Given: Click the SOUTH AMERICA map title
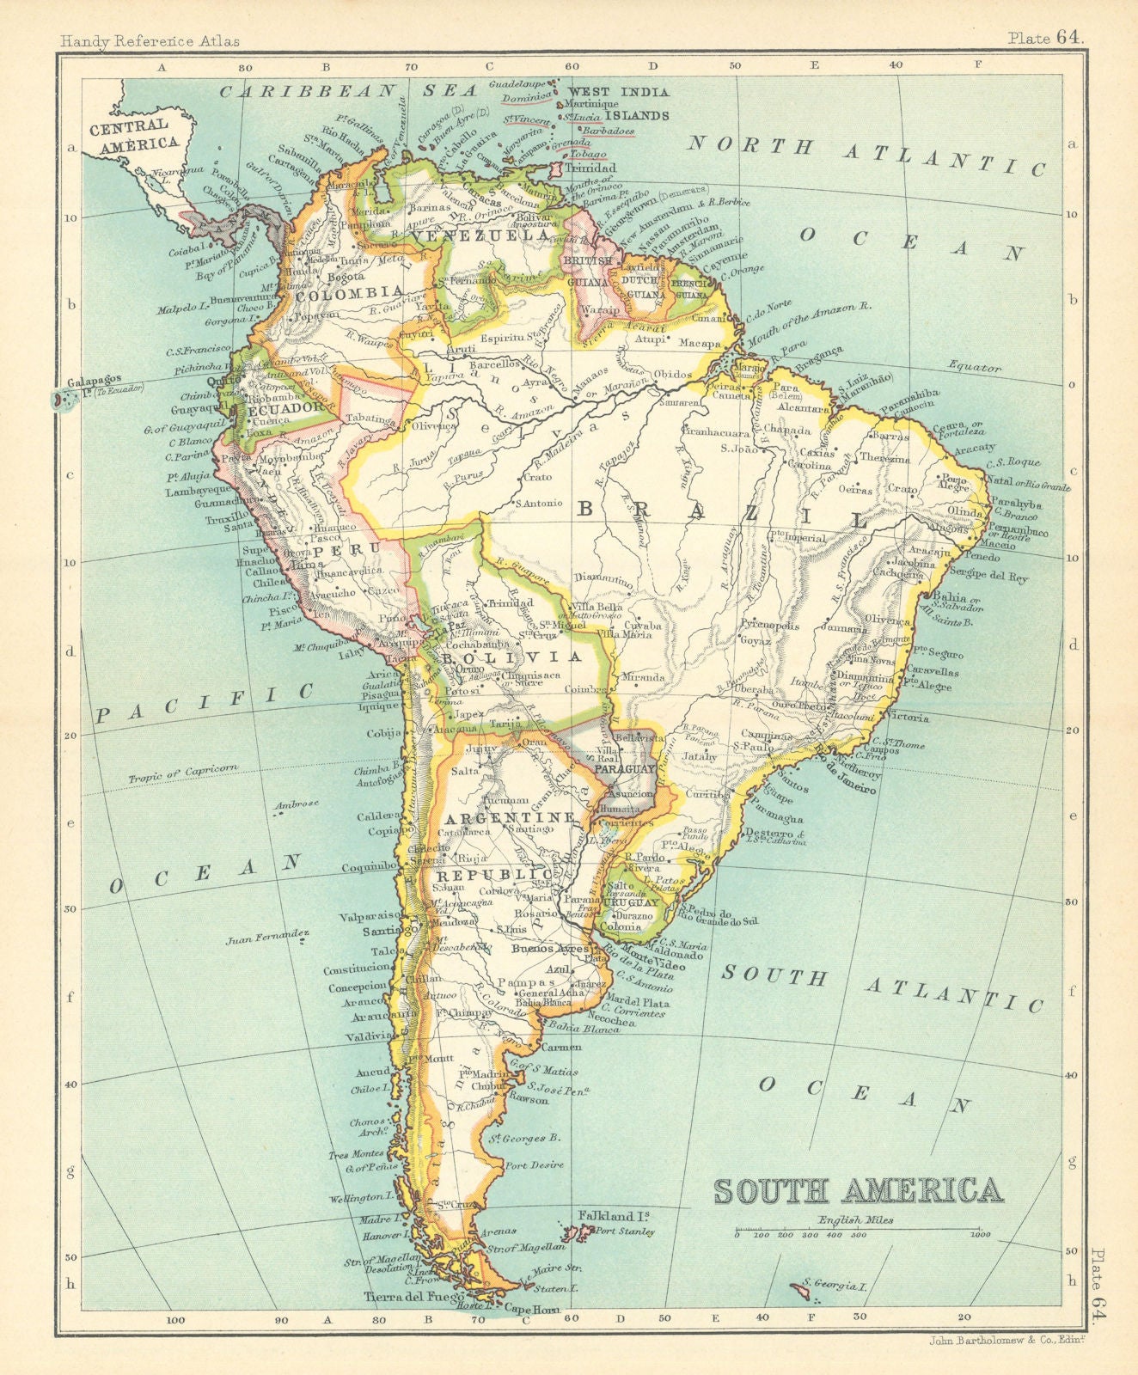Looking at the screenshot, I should click(x=859, y=1190).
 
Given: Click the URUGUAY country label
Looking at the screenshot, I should click(x=631, y=902).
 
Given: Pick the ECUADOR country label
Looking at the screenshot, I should click(x=277, y=411).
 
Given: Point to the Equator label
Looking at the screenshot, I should click(x=976, y=368).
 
